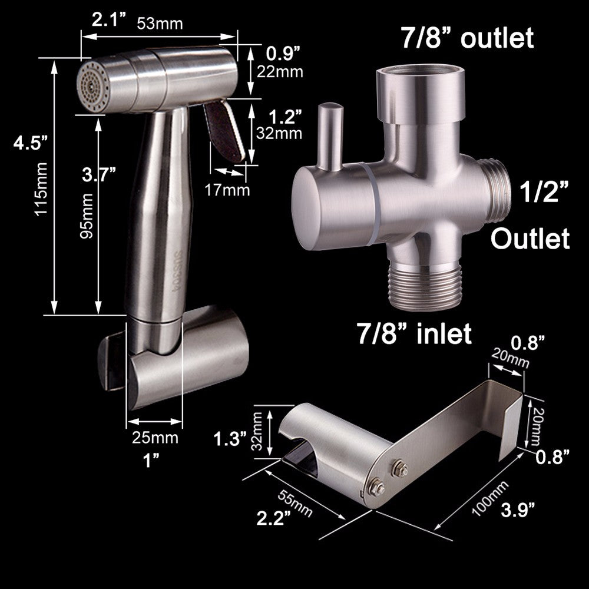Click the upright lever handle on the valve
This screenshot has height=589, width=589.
tap(331, 135)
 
